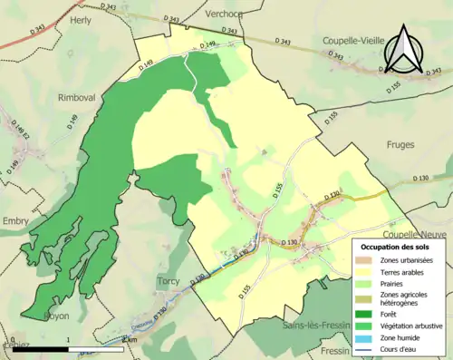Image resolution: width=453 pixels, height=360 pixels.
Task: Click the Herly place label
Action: point(81,20)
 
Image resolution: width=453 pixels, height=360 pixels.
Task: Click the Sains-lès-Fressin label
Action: point(319,325)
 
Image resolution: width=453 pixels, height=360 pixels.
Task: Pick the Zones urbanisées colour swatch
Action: point(365,258)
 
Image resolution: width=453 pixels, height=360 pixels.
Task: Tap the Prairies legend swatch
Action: point(365,283)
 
